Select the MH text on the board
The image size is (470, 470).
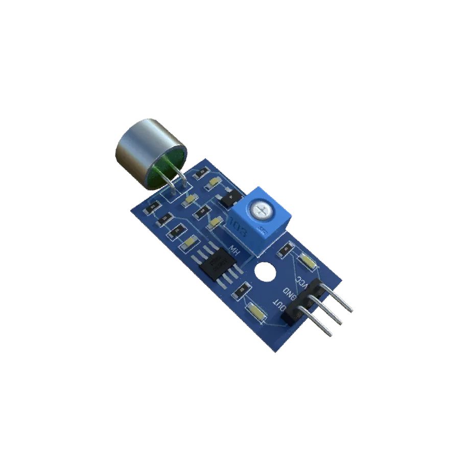tap(236, 251)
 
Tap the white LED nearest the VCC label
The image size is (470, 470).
tap(308, 262)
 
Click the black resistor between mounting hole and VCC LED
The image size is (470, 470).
tap(285, 250)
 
